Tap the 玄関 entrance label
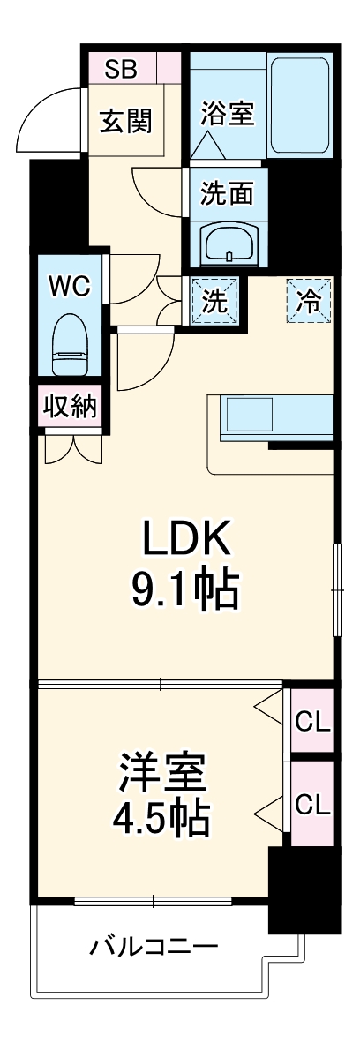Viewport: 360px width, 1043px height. click(124, 121)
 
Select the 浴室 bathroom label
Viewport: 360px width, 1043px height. click(227, 115)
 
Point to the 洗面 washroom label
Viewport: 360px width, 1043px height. click(227, 194)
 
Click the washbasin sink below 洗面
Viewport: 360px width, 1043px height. click(229, 241)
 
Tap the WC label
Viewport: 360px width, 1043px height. click(69, 286)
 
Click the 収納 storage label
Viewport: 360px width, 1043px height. click(70, 407)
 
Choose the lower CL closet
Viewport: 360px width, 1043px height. click(311, 804)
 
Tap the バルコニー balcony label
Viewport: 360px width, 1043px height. click(153, 949)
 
